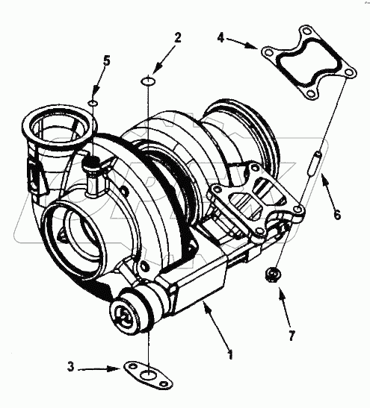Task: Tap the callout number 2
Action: coord(177,38)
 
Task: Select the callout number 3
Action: coord(70,367)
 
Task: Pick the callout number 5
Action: coord(106,61)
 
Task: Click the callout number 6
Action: coord(337,215)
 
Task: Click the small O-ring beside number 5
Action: coord(93,102)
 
